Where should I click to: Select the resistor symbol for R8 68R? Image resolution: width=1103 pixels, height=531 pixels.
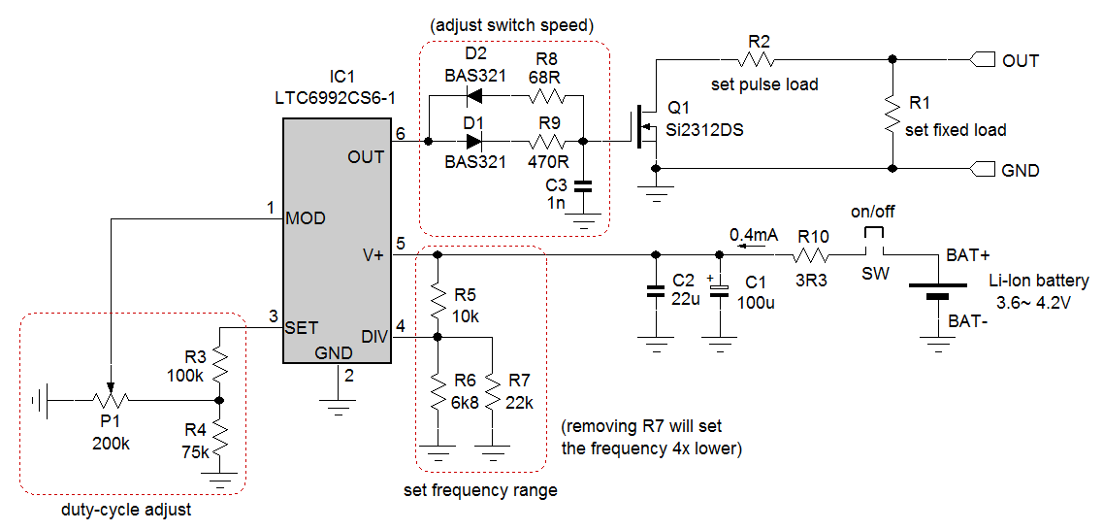tap(547, 96)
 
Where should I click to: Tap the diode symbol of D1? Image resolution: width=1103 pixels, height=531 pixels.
tap(474, 141)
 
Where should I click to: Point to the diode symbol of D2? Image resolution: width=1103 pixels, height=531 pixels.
tap(474, 96)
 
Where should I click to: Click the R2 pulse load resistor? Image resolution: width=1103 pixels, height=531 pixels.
tap(759, 60)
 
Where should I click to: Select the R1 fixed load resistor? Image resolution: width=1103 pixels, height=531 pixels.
tap(891, 114)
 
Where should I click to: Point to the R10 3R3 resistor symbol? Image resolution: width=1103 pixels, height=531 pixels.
tap(811, 256)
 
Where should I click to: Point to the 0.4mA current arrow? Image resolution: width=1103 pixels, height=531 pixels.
tap(741, 247)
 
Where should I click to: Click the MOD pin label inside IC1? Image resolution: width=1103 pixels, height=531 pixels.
tap(306, 219)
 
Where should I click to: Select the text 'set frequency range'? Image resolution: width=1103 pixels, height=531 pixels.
tap(480, 490)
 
